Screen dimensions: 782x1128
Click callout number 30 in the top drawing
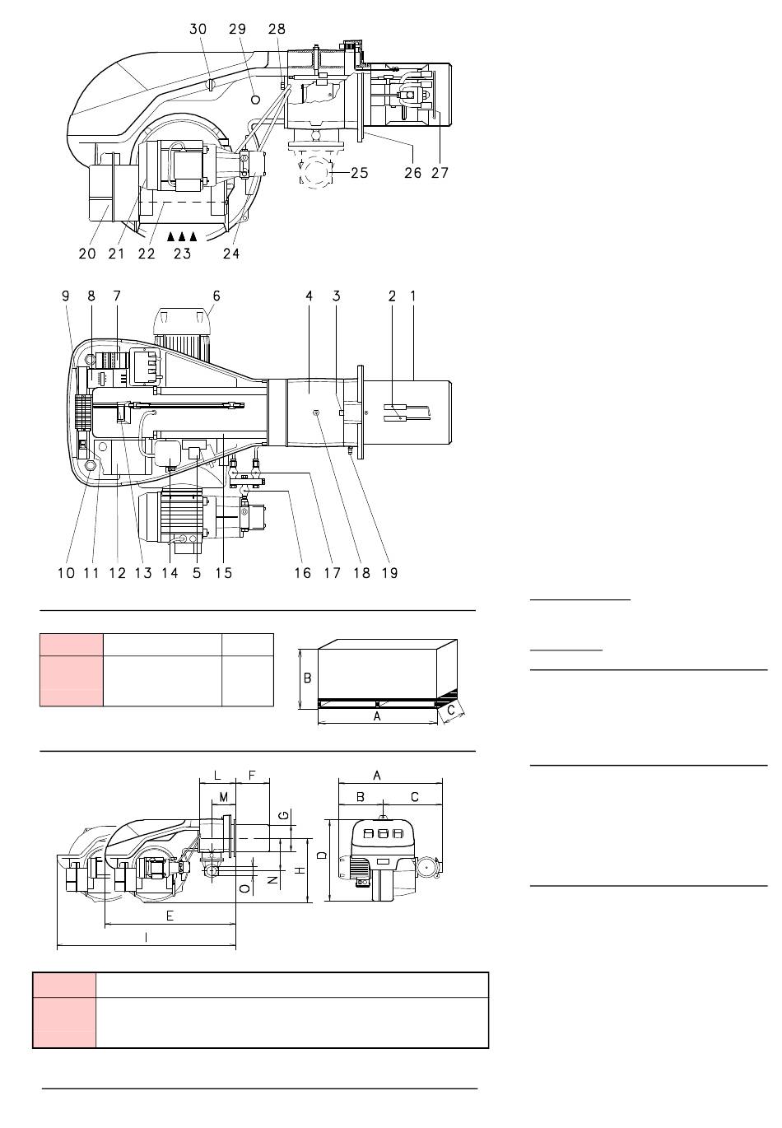pyautogui.click(x=198, y=29)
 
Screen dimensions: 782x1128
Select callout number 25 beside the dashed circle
pyautogui.click(x=360, y=173)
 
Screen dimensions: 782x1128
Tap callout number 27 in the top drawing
pyautogui.click(x=440, y=173)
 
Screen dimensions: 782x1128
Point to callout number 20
pyautogui.click(x=87, y=254)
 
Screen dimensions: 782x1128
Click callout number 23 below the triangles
pyautogui.click(x=182, y=254)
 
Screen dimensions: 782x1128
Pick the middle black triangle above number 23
pyautogui.click(x=182, y=235)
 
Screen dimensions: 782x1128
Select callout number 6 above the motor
pyautogui.click(x=216, y=296)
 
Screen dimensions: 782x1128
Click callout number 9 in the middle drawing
pyautogui.click(x=66, y=296)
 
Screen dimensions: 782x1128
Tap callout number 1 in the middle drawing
pyautogui.click(x=413, y=296)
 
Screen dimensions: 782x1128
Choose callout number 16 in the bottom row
pyautogui.click(x=303, y=572)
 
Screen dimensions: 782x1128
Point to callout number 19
pyautogui.click(x=389, y=572)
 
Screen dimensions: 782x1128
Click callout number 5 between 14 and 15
pyautogui.click(x=197, y=572)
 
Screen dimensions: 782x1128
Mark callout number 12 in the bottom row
pyautogui.click(x=118, y=572)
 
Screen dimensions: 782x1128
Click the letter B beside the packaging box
pyautogui.click(x=307, y=678)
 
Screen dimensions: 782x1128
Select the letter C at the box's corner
pyautogui.click(x=451, y=710)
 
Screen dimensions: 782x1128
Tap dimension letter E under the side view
pyautogui.click(x=170, y=915)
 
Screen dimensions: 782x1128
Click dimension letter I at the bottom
pyautogui.click(x=146, y=937)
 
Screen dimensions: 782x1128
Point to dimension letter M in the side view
pyautogui.click(x=224, y=797)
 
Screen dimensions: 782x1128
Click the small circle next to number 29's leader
pyautogui.click(x=256, y=99)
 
